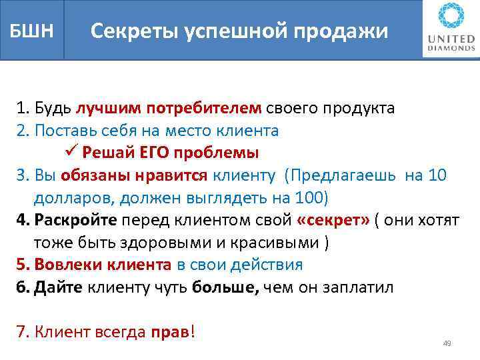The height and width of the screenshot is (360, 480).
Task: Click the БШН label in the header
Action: coord(31,31)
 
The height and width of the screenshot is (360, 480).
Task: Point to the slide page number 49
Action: coord(447,343)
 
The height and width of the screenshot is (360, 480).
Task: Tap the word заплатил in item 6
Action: coord(361,287)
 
